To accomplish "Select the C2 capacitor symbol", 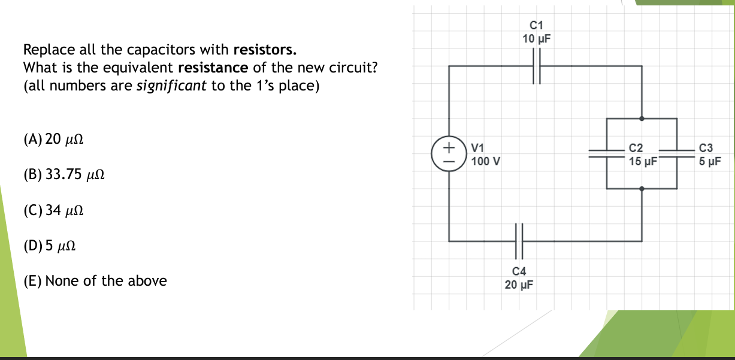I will click(x=607, y=153).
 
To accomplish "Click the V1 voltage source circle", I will click(x=447, y=154).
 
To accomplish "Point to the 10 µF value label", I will click(x=537, y=39).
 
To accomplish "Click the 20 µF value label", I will click(x=519, y=284).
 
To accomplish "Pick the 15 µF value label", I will click(x=643, y=161).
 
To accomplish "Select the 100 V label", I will click(x=486, y=161).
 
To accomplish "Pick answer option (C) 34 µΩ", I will click(x=53, y=210).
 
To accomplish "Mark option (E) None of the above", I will click(x=95, y=280).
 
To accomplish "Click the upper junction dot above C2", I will click(x=642, y=119).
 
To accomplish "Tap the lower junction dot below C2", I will click(x=642, y=189).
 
